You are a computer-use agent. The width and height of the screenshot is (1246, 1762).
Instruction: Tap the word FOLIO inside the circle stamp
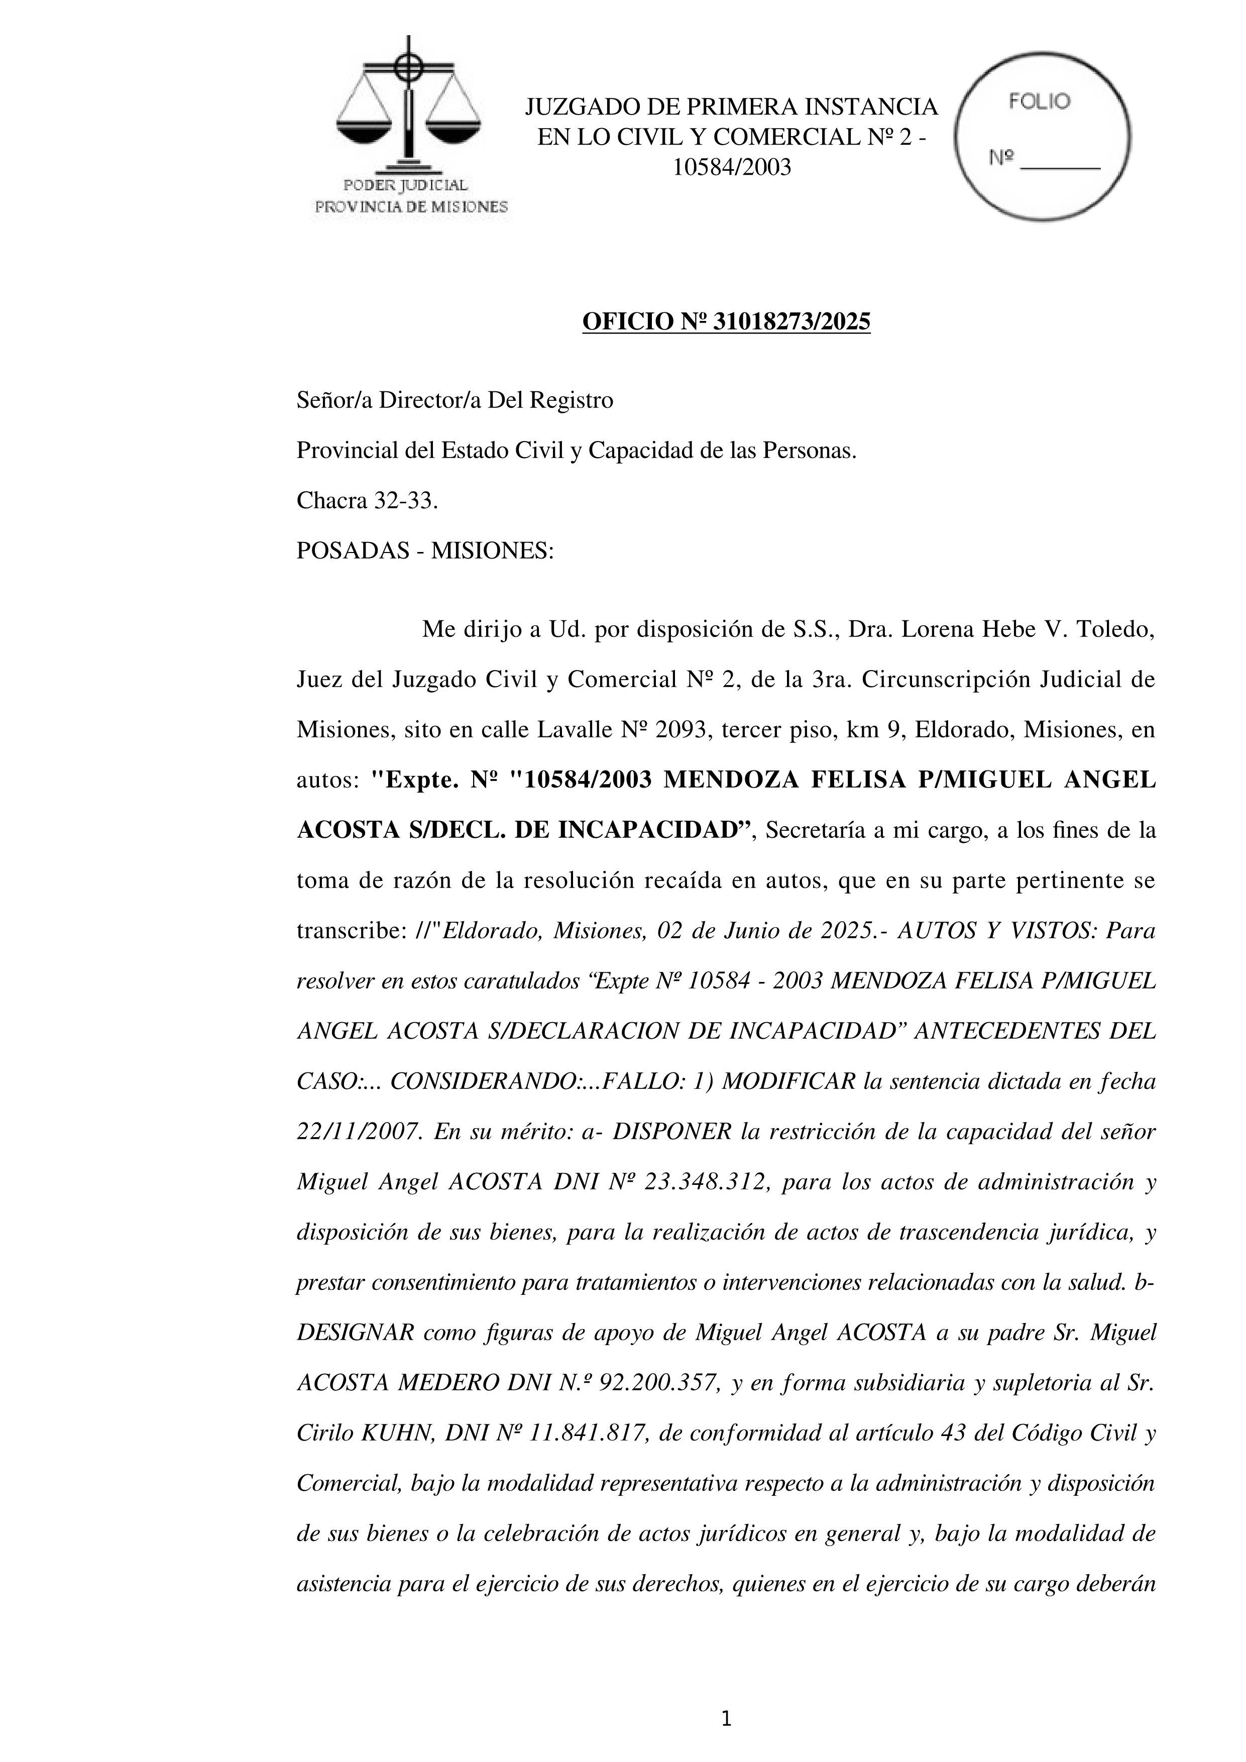(x=1039, y=102)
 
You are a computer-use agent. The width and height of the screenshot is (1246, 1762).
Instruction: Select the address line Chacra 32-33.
(x=367, y=501)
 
